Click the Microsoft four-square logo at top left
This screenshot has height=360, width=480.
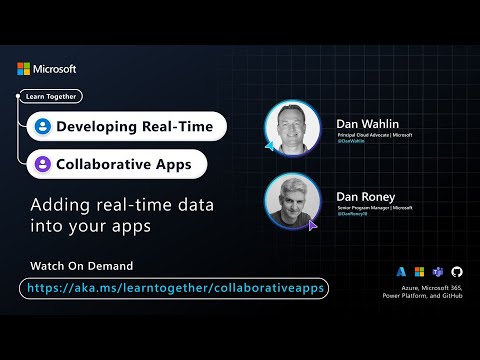(x=25, y=69)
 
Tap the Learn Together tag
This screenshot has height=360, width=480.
(x=50, y=97)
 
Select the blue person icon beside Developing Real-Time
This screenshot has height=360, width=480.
(x=42, y=127)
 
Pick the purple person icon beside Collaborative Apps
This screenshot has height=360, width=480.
(x=42, y=163)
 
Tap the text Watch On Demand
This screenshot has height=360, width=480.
(x=82, y=266)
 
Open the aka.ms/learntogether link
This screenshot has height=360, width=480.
(x=173, y=288)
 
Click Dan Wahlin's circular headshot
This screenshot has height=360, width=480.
(x=292, y=127)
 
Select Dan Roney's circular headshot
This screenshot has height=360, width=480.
(x=292, y=201)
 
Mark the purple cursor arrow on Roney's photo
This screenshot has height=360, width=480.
(x=313, y=226)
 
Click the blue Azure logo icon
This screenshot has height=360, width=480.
(x=401, y=271)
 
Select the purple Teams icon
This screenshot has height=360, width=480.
(x=438, y=271)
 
